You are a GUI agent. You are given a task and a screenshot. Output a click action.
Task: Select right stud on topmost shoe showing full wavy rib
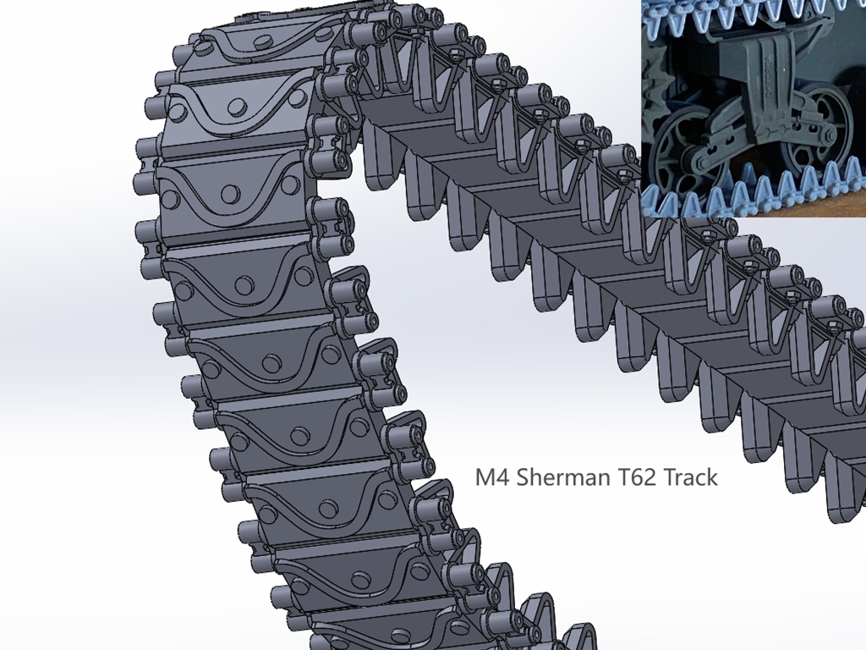click(x=296, y=98)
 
